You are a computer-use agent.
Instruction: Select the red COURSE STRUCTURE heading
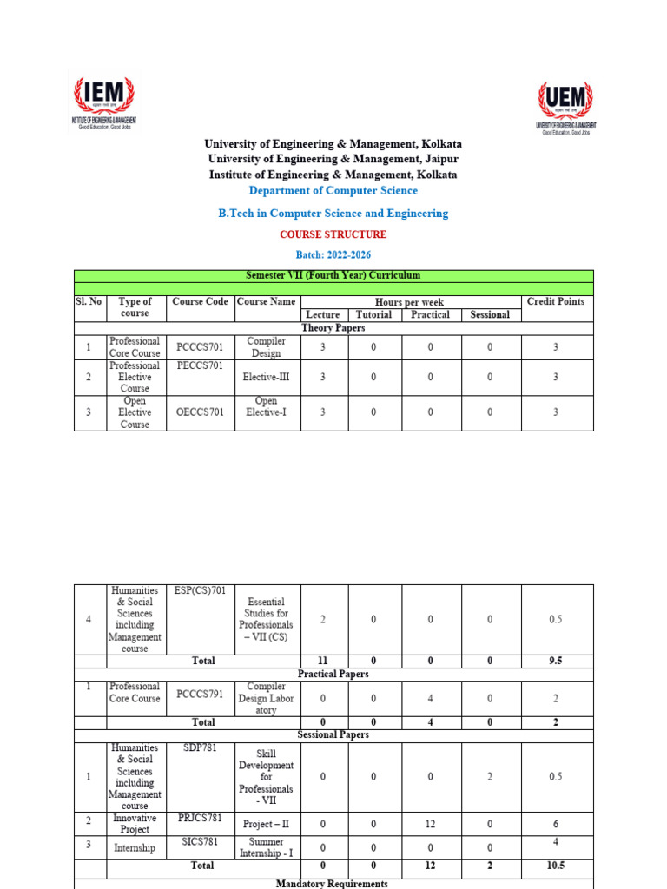click(x=333, y=234)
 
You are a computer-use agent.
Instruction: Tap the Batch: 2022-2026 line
click(x=333, y=254)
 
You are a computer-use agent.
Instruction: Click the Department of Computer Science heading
click(x=333, y=190)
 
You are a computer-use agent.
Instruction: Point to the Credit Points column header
click(x=556, y=302)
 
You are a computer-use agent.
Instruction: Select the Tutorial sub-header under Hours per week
click(x=373, y=315)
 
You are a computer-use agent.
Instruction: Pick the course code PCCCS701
click(x=200, y=347)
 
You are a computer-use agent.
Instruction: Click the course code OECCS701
click(x=200, y=412)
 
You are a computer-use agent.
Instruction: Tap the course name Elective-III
click(x=267, y=378)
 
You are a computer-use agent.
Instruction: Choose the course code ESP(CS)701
click(x=200, y=591)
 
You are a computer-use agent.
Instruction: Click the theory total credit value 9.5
click(x=556, y=661)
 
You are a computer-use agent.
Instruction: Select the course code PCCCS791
click(x=200, y=698)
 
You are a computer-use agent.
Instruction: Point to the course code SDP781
click(x=200, y=747)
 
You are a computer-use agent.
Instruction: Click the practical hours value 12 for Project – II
click(x=430, y=824)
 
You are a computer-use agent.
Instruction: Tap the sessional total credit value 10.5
click(x=556, y=866)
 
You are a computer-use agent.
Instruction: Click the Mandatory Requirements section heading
click(x=333, y=883)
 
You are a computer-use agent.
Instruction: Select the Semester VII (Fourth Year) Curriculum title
click(x=333, y=275)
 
